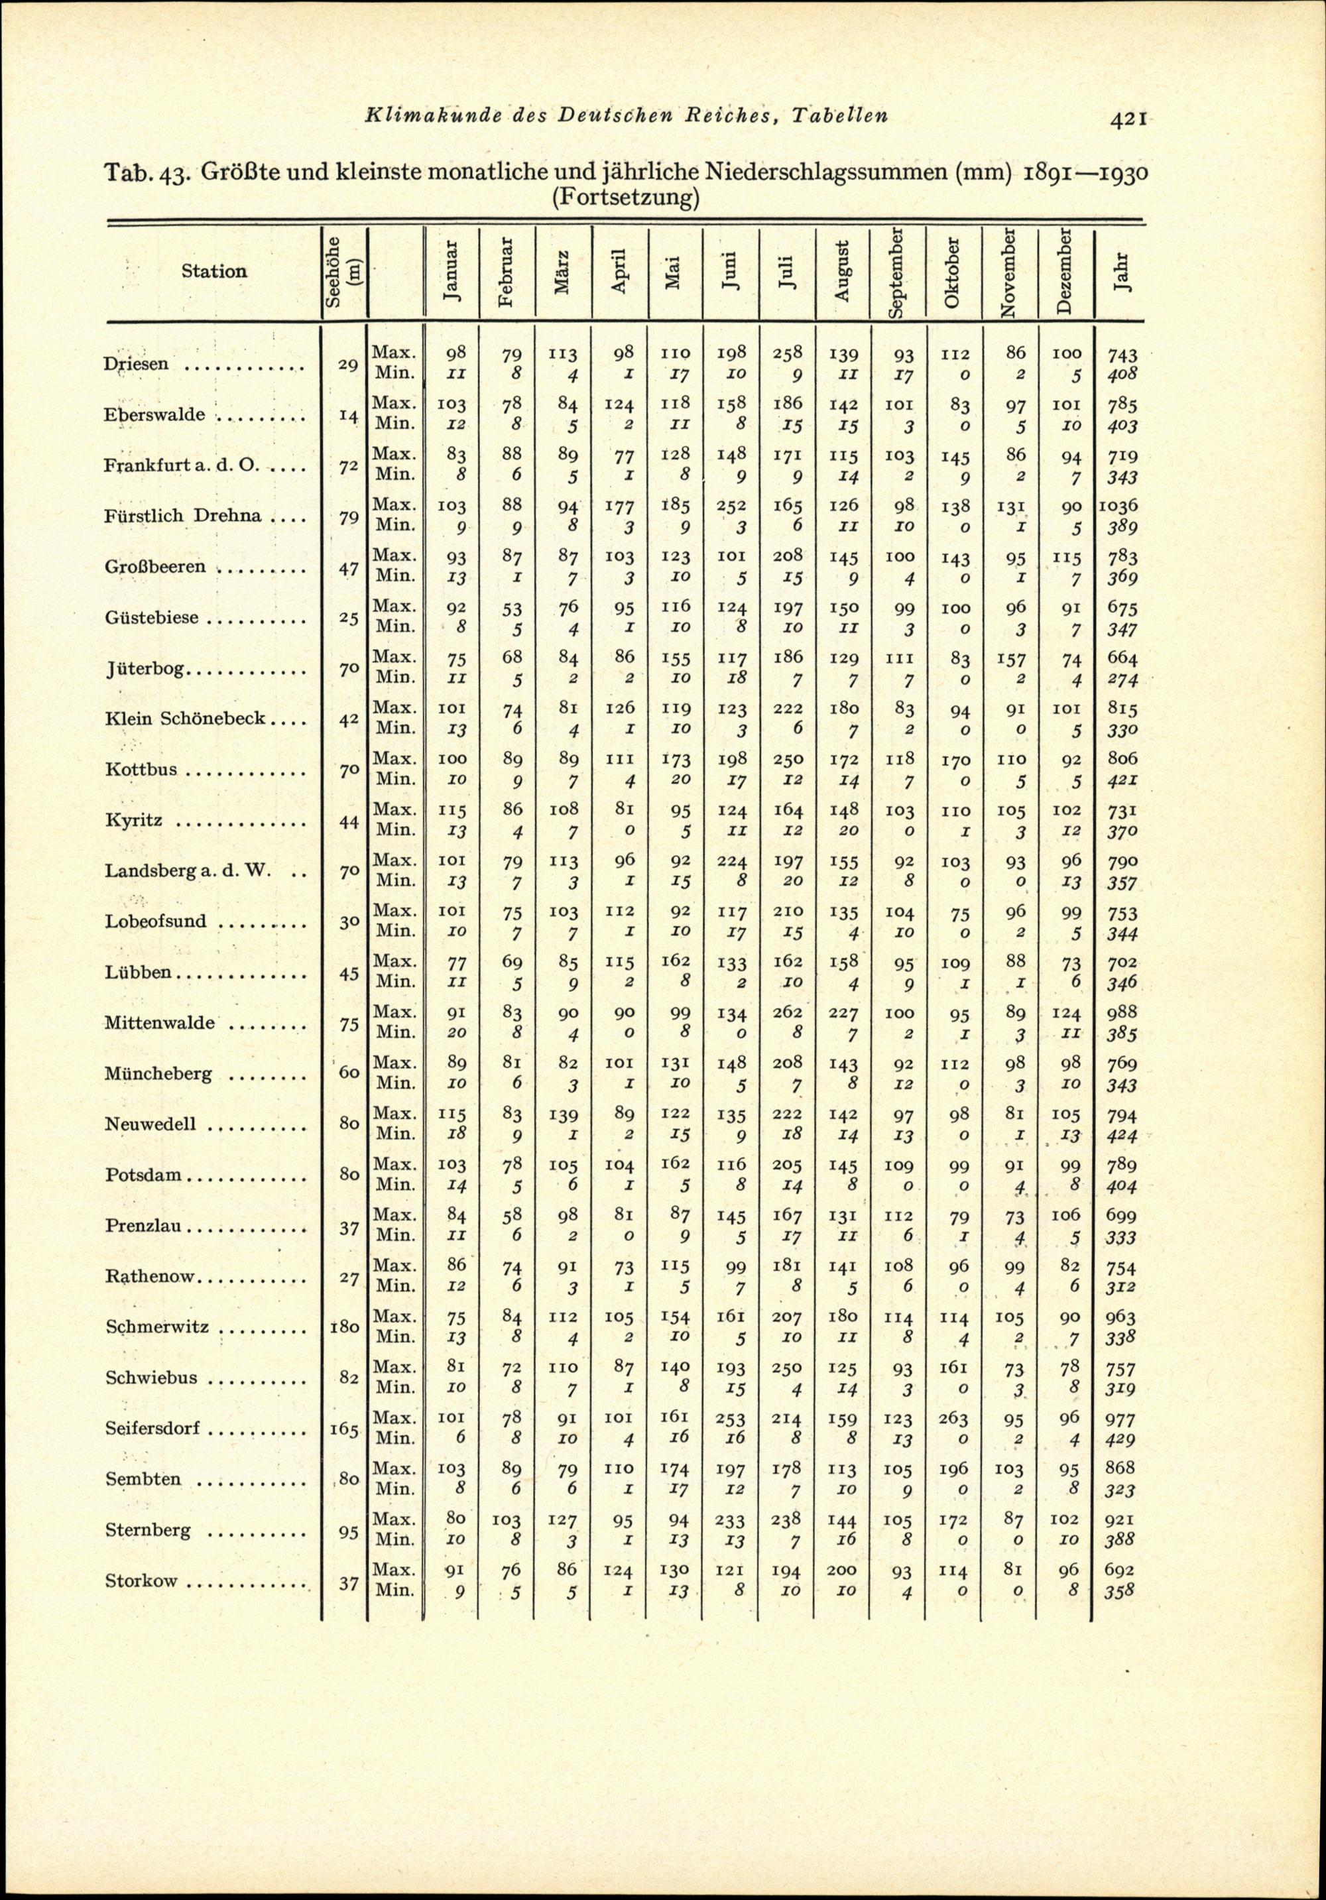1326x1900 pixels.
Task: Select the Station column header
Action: pos(213,270)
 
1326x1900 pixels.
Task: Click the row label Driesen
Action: pos(137,364)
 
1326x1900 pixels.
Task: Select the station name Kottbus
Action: pos(141,769)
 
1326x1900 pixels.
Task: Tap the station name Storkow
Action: pos(141,1580)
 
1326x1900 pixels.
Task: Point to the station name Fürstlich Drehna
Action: pos(184,516)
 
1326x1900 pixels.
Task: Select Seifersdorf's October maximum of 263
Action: pos(953,1419)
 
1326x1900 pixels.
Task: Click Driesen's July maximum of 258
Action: pos(786,353)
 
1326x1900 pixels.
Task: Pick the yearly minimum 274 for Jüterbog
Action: pos(1120,680)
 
